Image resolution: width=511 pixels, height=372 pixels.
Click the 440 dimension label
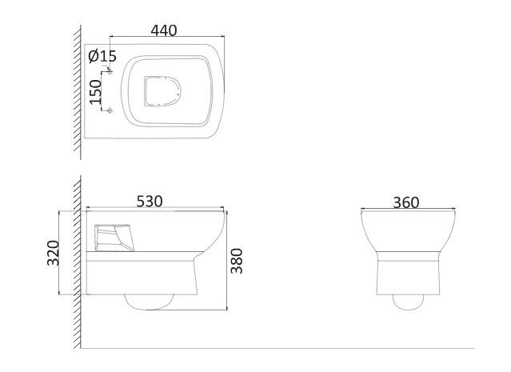pyautogui.click(x=164, y=30)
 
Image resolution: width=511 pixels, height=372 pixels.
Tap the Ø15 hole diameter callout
pyautogui.click(x=102, y=56)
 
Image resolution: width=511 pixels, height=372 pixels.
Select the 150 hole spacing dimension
pyautogui.click(x=96, y=92)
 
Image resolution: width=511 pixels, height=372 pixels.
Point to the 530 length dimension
pyautogui.click(x=150, y=201)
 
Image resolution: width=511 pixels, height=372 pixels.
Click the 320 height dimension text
pyautogui.click(x=53, y=253)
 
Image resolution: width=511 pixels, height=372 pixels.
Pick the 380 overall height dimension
pyautogui.click(x=237, y=261)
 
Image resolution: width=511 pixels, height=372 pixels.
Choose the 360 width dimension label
pyautogui.click(x=406, y=202)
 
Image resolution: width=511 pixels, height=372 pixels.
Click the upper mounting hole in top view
pyautogui.click(x=110, y=71)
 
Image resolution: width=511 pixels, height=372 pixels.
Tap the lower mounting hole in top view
pyautogui.click(x=110, y=110)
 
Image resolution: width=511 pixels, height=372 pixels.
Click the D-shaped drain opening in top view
pyautogui.click(x=162, y=91)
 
